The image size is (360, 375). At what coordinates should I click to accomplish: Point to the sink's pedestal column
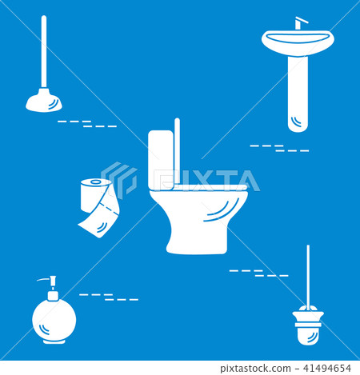point(297,92)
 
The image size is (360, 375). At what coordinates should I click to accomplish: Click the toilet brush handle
point(308,276)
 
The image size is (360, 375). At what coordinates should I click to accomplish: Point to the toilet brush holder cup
point(307,325)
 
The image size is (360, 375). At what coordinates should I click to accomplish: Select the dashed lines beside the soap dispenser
point(109,297)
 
